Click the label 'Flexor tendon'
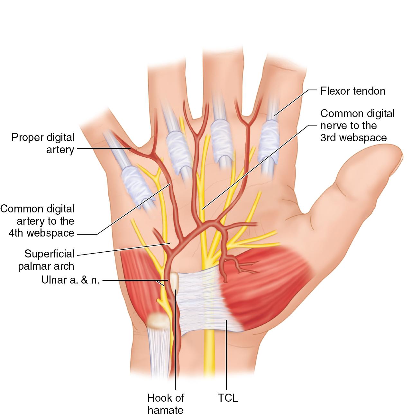tap(353, 91)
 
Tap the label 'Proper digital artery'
tap(43, 143)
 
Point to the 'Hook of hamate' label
tap(165, 404)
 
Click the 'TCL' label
tap(228, 398)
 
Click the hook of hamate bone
tap(174, 280)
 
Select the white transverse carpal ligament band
tap(199, 303)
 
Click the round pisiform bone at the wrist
tap(157, 321)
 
